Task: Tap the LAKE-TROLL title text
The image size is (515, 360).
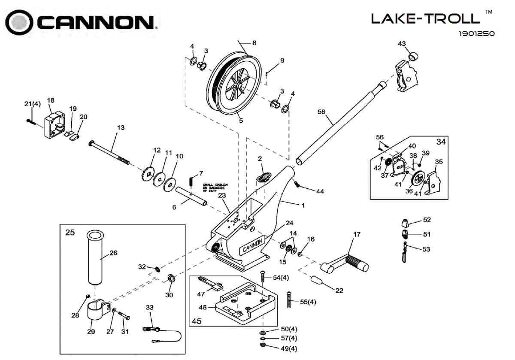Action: click(x=424, y=18)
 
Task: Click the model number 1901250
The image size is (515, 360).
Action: click(x=476, y=33)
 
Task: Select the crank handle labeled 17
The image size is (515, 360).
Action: click(x=348, y=262)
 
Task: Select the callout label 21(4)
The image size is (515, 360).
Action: click(x=32, y=104)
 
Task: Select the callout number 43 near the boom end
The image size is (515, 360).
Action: click(x=402, y=44)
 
